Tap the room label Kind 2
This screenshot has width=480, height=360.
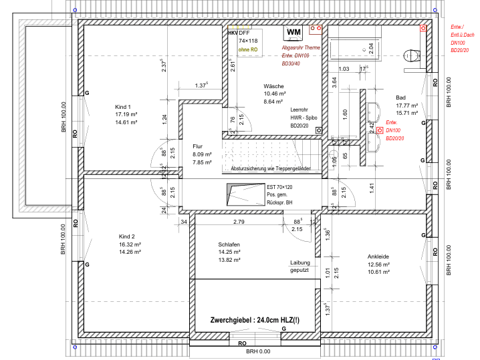tap(127, 236)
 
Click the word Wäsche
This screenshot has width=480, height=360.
tap(274, 86)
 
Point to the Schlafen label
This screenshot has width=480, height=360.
tap(229, 244)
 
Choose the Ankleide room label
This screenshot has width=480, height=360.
tap(378, 256)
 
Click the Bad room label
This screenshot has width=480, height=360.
tap(400, 98)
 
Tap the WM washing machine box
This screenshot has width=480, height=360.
tap(293, 31)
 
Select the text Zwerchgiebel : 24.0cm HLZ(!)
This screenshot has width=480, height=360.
tap(255, 320)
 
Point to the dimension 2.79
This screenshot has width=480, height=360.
tap(239, 221)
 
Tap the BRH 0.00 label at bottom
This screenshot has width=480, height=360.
tap(258, 351)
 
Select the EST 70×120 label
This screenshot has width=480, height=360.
tap(280, 187)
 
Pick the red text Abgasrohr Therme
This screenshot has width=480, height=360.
tap(301, 48)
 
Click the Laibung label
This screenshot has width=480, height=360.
tap(299, 262)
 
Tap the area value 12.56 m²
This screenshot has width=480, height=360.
tap(378, 264)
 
